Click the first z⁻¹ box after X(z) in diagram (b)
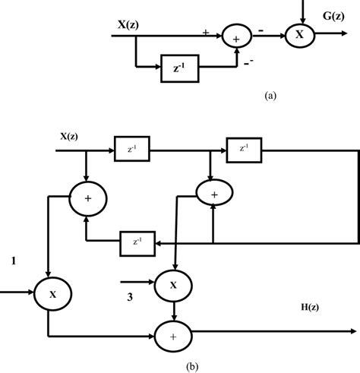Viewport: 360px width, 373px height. (x=132, y=150)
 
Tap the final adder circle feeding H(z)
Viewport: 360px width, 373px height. (x=175, y=332)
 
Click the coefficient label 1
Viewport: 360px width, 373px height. (x=13, y=262)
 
